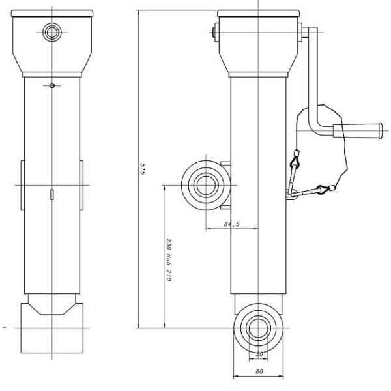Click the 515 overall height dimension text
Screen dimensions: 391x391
coord(143,169)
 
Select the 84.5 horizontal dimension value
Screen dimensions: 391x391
coord(231,224)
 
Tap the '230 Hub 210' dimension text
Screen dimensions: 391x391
coord(169,259)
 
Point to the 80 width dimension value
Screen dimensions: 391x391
coord(259,371)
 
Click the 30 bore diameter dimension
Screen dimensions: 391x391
coord(259,354)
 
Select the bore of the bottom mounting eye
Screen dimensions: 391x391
coord(258,328)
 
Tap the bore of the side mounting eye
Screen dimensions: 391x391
coord(206,185)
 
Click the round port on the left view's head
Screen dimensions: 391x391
coord(52,32)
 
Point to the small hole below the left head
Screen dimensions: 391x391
coord(52,85)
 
